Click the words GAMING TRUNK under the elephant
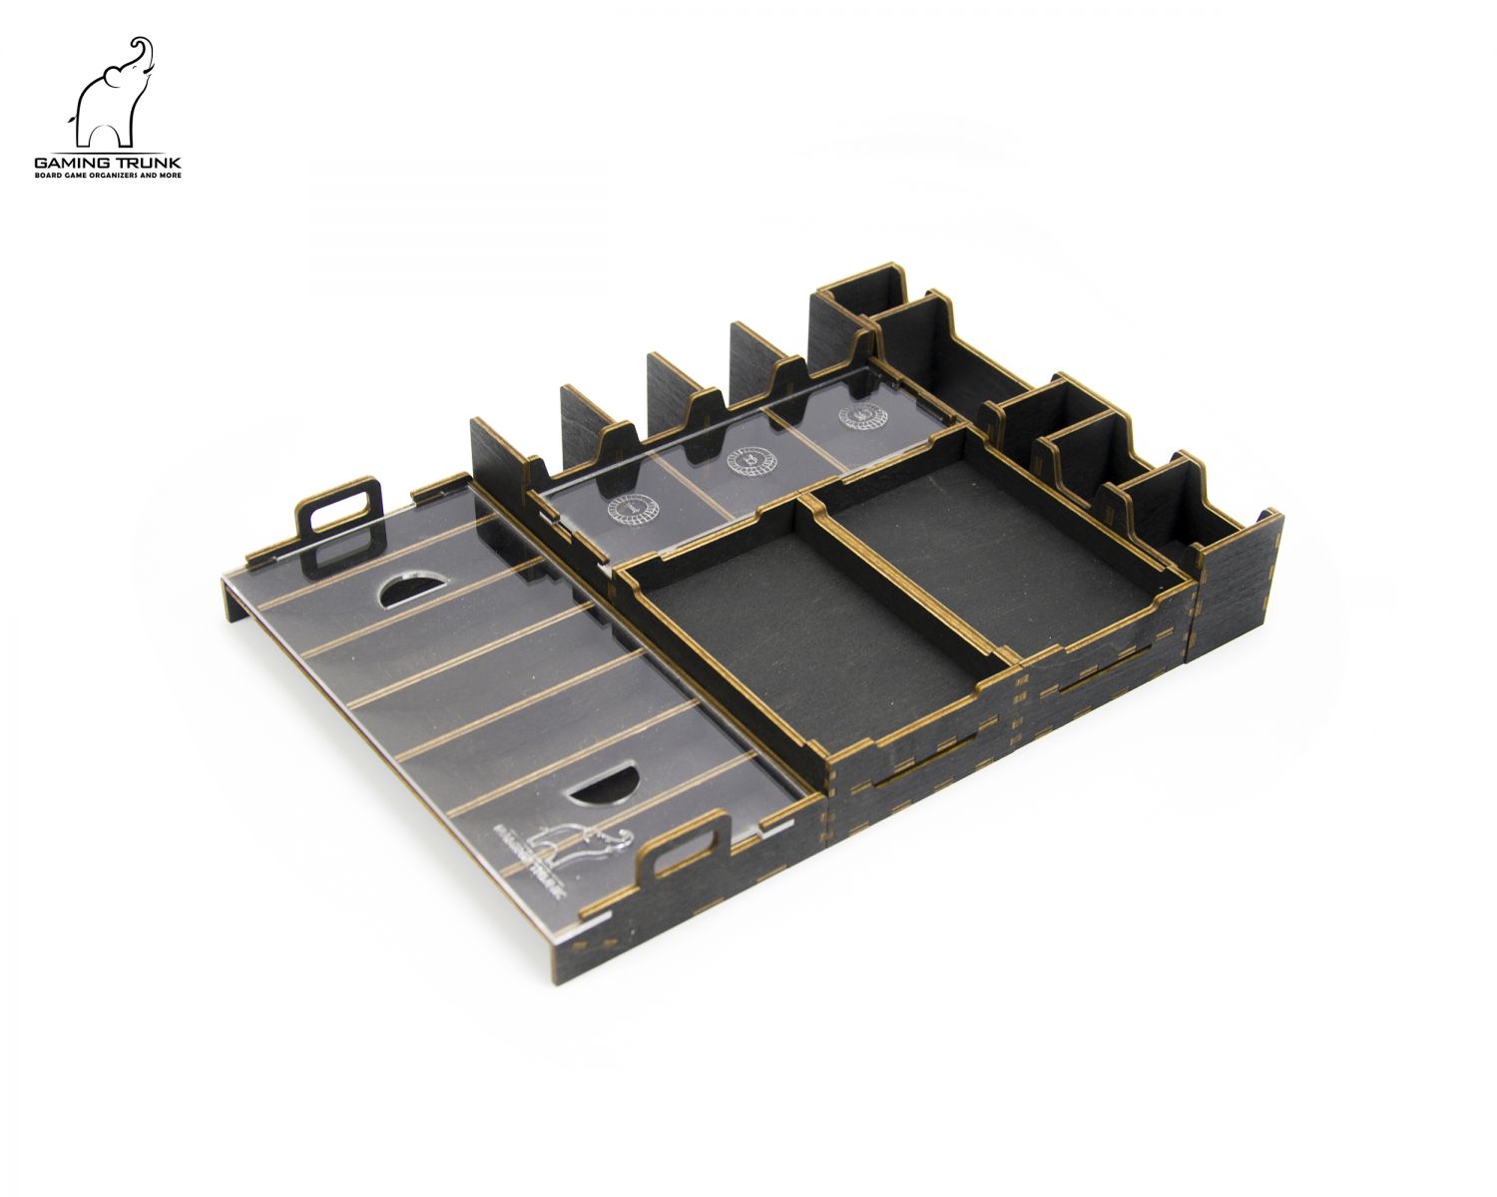[108, 162]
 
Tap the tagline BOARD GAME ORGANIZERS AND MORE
[108, 176]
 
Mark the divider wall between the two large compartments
[908, 579]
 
